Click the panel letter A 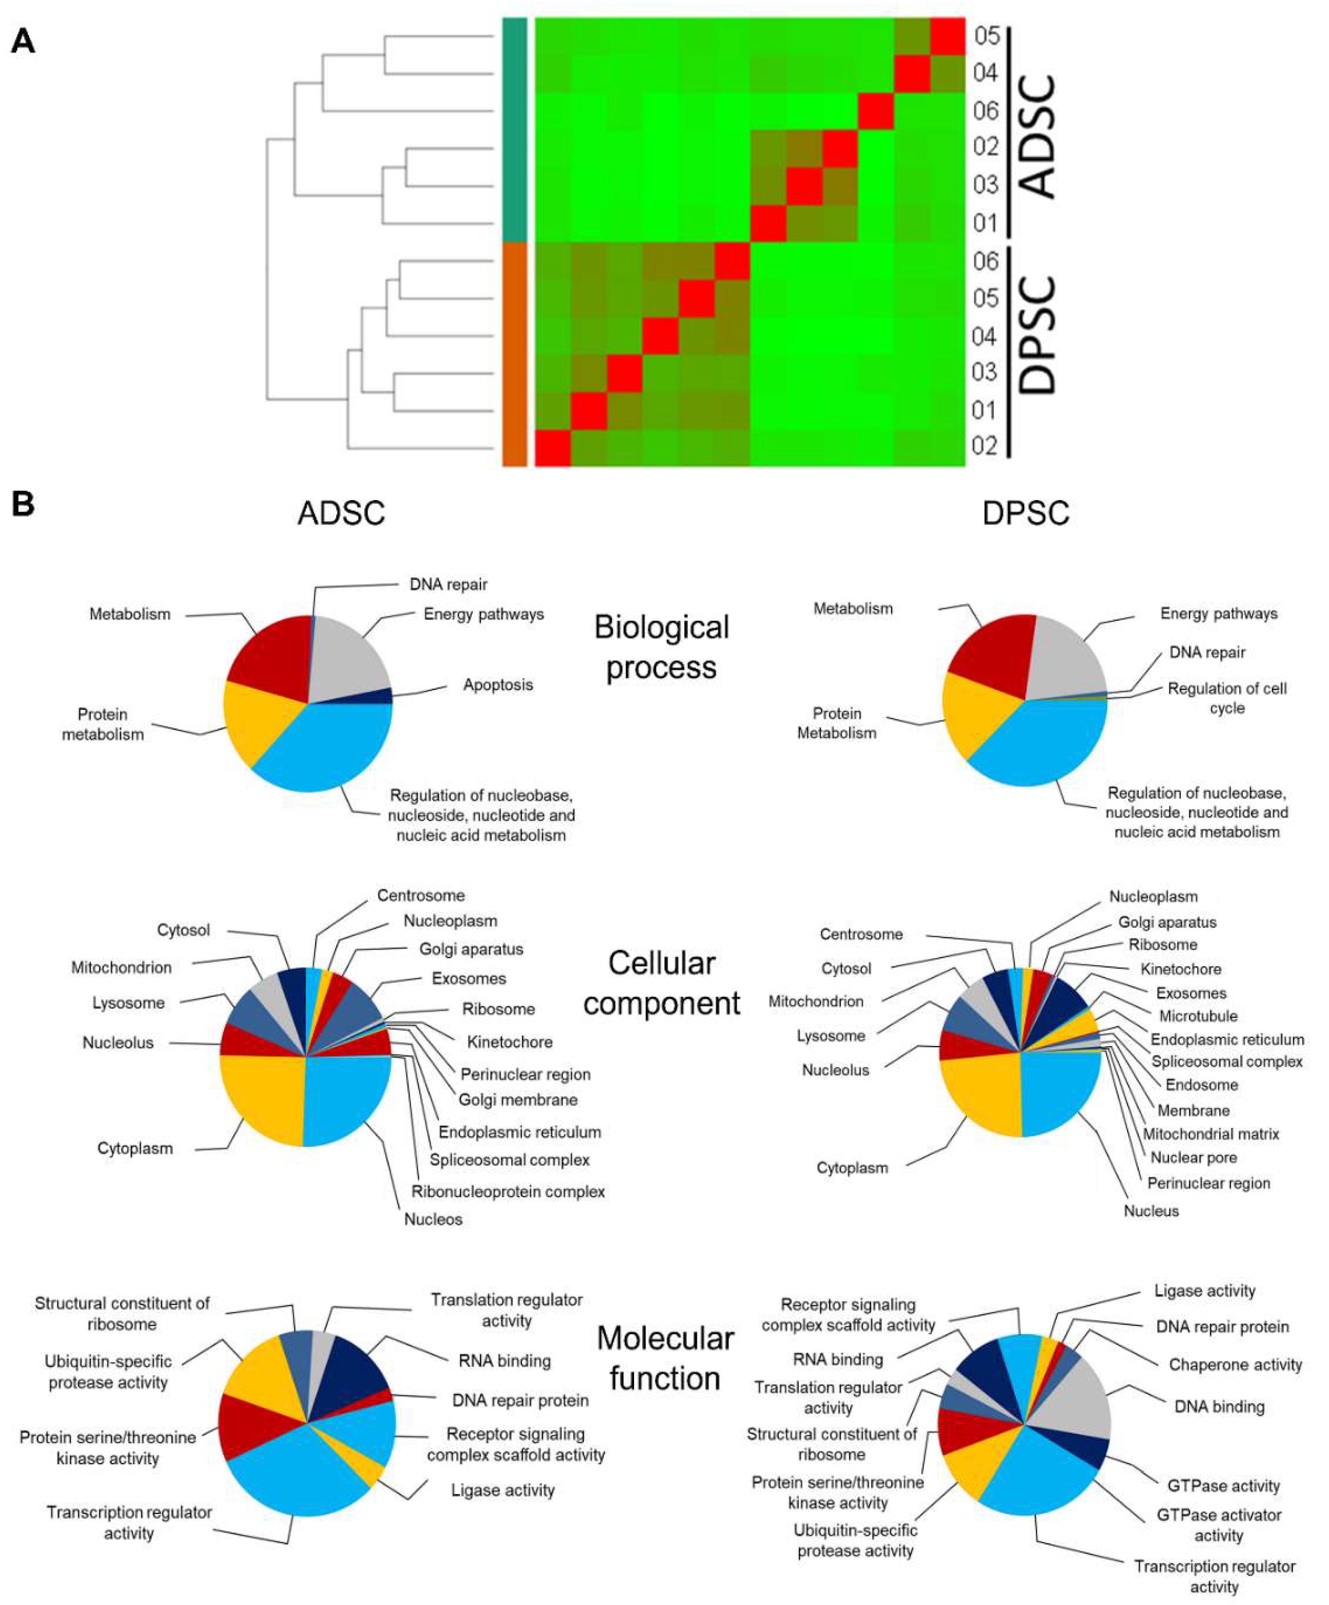23,40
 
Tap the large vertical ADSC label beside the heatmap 1038,138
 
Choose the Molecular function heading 664,1358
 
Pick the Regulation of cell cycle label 1227,698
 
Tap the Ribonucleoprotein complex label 508,1191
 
